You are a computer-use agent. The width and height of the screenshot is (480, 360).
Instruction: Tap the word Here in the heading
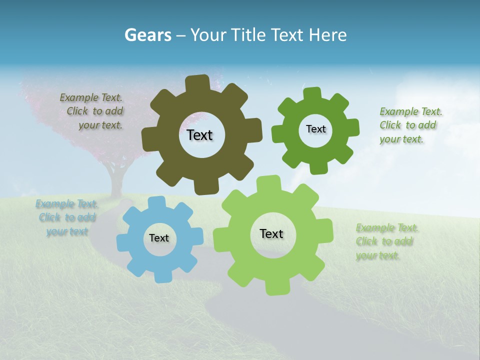pos(327,35)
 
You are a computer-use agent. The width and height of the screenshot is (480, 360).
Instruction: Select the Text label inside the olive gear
pos(199,135)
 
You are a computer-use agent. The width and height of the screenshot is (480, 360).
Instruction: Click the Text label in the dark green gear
pos(315,129)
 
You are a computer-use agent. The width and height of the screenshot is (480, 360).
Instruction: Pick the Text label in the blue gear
pos(159,238)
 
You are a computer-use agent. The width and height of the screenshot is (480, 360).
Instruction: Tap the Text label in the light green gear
pos(271,233)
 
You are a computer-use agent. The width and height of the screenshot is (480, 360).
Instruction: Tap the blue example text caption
pos(67,217)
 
